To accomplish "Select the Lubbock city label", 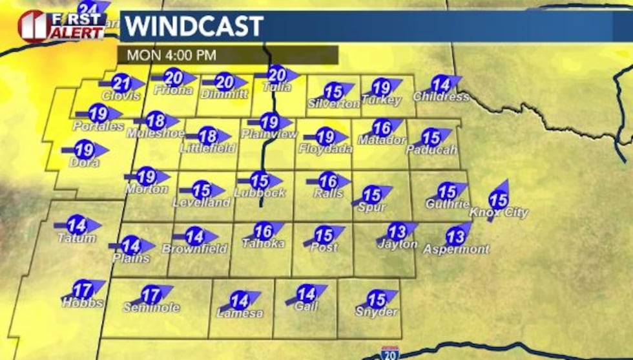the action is pos(260,193).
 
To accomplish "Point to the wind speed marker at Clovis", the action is pos(121,83).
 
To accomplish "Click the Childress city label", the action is pos(441,97).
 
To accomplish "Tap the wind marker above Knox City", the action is pos(499,200).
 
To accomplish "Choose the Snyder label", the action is pos(377,312).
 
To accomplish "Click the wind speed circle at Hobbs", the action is pos(82,290).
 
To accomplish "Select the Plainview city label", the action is pos(269,134).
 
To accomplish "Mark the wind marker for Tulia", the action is pos(277,74).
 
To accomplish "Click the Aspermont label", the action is pos(456,249).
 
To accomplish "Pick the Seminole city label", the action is pos(151,308).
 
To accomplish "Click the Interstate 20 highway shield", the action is pos(389,352).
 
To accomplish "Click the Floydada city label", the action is pos(326,149).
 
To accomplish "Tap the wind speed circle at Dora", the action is pos(85,150).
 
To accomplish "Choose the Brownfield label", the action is pos(194,248).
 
